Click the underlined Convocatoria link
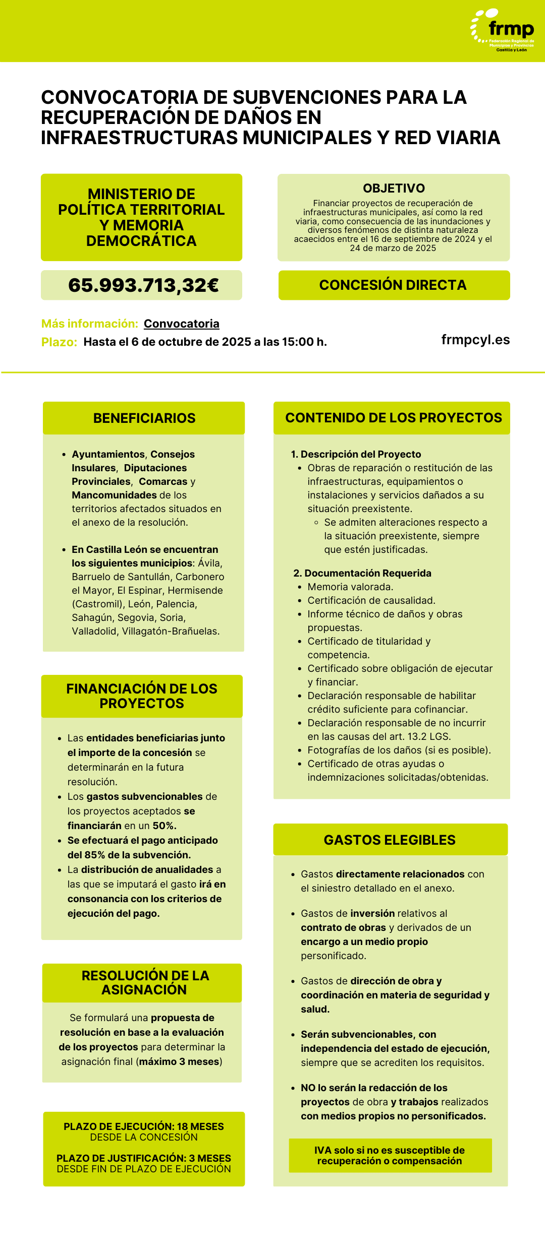182,324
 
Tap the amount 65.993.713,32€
143,285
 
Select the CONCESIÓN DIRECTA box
394,285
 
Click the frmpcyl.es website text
475,340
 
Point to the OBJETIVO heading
394,188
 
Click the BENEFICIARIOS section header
144,418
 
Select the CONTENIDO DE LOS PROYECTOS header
394,418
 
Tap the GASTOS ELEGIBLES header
390,840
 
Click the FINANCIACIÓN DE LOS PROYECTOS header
142,696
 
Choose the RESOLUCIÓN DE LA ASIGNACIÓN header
145,982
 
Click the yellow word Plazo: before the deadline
59,342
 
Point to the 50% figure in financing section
164,826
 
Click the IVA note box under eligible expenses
390,1155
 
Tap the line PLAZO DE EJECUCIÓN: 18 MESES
144,1126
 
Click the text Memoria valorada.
350,587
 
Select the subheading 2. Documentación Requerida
362,573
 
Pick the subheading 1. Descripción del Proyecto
356,454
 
